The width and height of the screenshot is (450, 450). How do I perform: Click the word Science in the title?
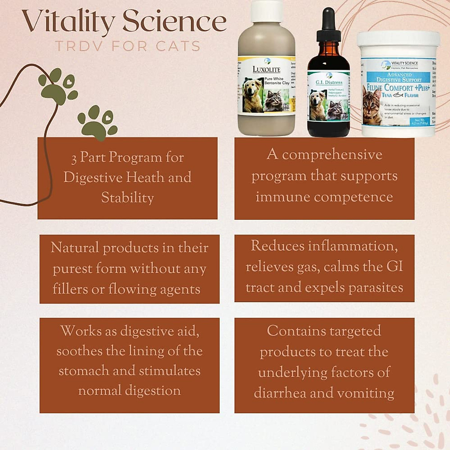tap(174, 22)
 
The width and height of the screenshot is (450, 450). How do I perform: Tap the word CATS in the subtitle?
tap(178, 46)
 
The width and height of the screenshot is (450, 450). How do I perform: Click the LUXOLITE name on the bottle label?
tap(266, 70)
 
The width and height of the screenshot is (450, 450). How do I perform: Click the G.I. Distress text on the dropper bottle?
tap(329, 82)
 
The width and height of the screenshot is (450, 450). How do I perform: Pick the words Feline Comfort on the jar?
tap(390, 88)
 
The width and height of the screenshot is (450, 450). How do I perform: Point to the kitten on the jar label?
tap(371, 107)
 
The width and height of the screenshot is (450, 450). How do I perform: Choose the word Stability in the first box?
tap(127, 198)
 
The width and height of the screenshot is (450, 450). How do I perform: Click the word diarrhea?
tap(280, 393)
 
